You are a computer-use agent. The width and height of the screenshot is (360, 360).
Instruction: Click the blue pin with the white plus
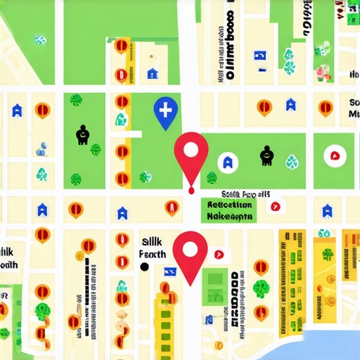165,111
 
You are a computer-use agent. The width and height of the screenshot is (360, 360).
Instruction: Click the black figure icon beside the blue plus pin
82,134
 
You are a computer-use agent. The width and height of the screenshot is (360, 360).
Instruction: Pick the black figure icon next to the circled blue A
266,155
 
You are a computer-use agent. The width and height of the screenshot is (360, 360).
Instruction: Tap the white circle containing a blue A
226,162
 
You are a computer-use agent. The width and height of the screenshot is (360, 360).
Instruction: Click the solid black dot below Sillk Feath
144,267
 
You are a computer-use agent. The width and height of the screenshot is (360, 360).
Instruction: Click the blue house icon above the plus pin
153,72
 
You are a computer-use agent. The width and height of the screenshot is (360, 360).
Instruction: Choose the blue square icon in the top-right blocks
260,56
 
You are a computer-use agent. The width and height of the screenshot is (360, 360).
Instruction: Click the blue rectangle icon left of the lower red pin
169,271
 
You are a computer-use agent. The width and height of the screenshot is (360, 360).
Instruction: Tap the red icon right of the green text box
275,206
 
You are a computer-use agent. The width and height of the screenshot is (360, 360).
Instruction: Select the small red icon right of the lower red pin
219,253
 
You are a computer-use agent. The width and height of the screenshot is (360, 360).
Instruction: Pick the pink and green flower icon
322,70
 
